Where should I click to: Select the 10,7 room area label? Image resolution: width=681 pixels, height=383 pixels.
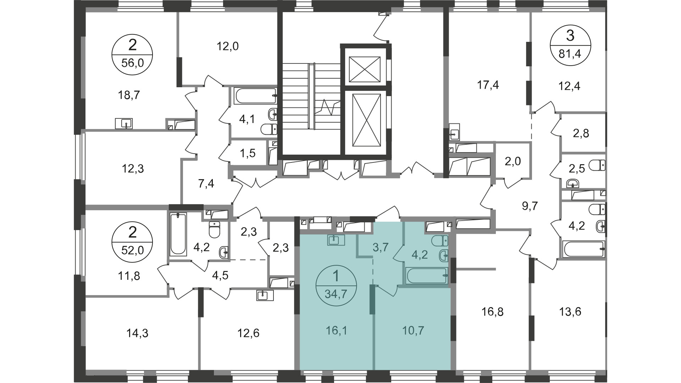coord(413,331)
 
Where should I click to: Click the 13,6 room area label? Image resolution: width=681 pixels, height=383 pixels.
coord(570,312)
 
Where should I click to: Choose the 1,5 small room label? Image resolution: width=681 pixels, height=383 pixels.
coord(247,154)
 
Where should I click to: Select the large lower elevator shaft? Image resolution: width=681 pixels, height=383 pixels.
coord(367,120)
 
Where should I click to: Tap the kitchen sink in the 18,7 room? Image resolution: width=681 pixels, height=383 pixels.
coord(124,123)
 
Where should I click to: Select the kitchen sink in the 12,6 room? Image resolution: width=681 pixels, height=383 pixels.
coord(265,295)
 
